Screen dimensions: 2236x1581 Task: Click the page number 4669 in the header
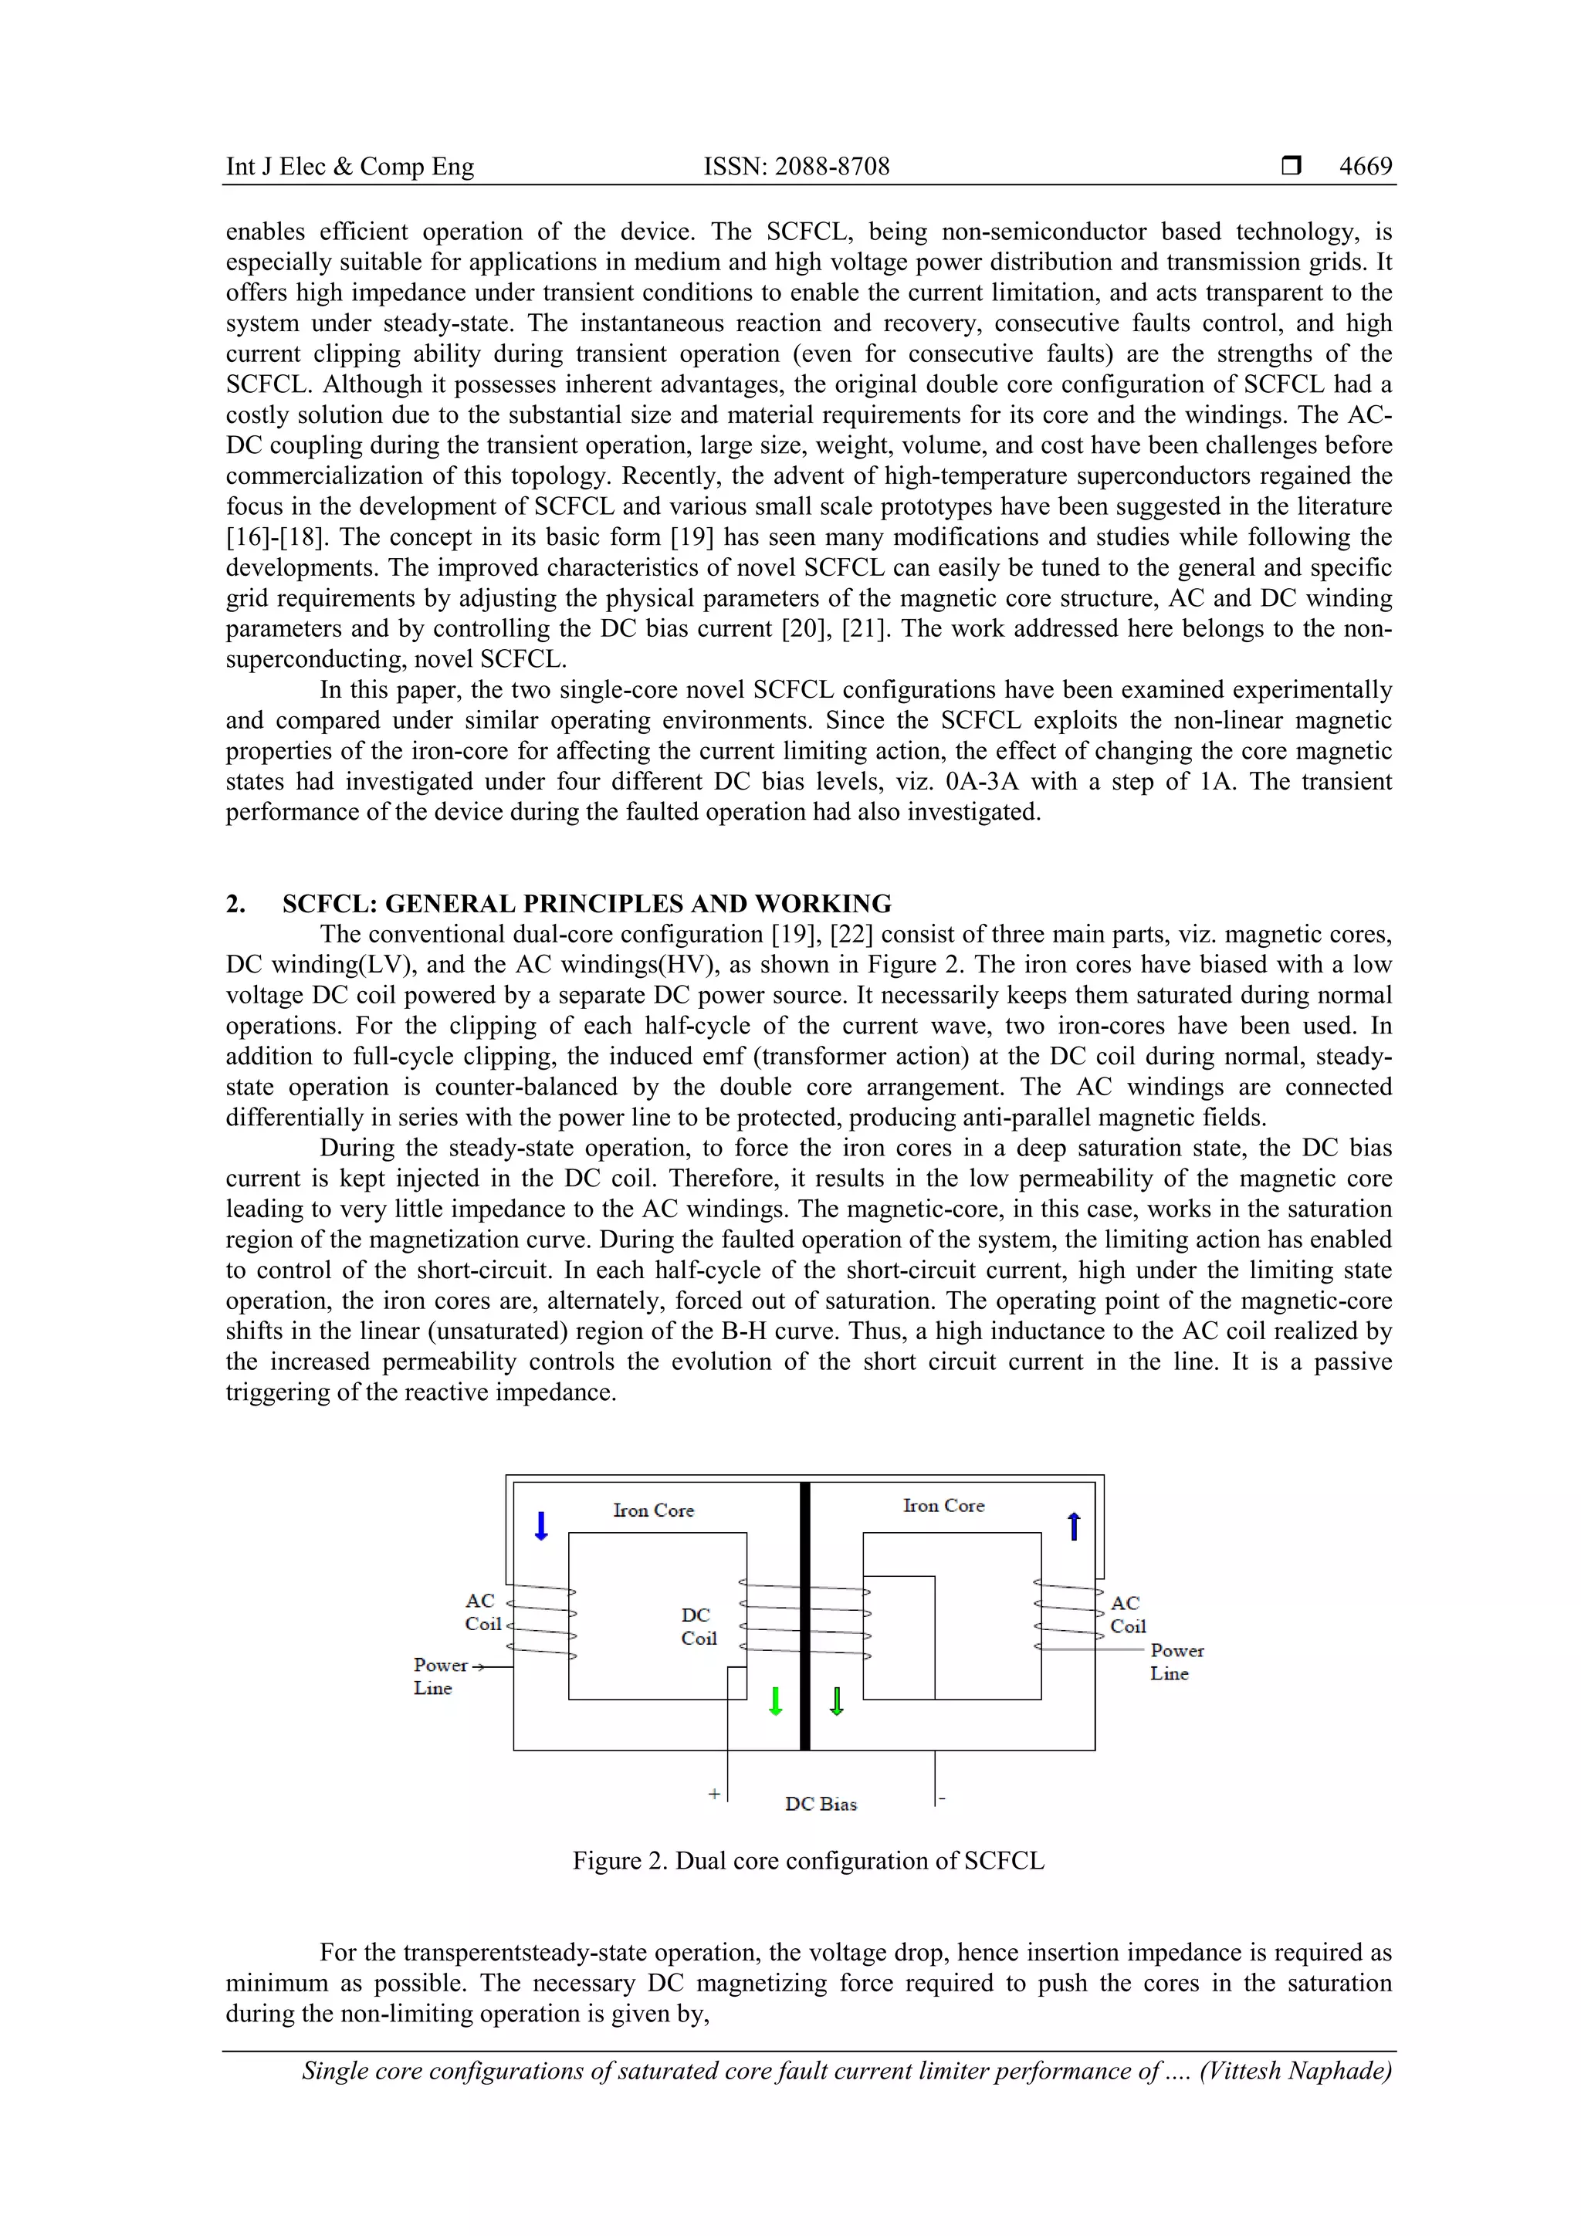[1365, 167]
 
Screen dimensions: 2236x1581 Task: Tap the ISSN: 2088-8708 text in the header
[796, 167]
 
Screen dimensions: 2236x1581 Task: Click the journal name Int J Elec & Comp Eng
[350, 167]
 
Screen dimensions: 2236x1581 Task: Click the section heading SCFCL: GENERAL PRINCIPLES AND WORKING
[587, 903]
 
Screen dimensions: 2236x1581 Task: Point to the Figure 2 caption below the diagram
[807, 1860]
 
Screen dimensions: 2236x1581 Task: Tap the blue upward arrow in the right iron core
[1074, 1526]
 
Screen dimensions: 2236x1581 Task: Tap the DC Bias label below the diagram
[820, 1804]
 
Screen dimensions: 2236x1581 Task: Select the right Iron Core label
[943, 1506]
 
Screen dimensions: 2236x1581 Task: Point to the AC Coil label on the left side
[482, 1612]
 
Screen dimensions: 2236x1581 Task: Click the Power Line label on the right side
[1176, 1662]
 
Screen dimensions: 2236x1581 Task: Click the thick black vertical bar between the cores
[804, 1617]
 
